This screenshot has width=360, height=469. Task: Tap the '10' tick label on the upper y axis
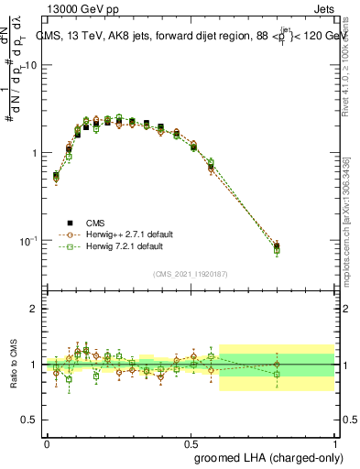[31, 65]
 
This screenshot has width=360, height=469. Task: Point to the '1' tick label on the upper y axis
[34, 153]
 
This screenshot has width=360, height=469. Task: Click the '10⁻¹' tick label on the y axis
[29, 240]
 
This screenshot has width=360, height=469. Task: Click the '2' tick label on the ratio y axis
[34, 309]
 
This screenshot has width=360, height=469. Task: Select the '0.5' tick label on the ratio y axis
[30, 420]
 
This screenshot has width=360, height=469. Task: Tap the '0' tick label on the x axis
[47, 442]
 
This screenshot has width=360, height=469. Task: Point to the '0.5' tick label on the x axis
[191, 442]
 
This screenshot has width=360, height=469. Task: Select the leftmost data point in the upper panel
[56, 176]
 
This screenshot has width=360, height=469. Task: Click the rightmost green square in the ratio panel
[278, 374]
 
